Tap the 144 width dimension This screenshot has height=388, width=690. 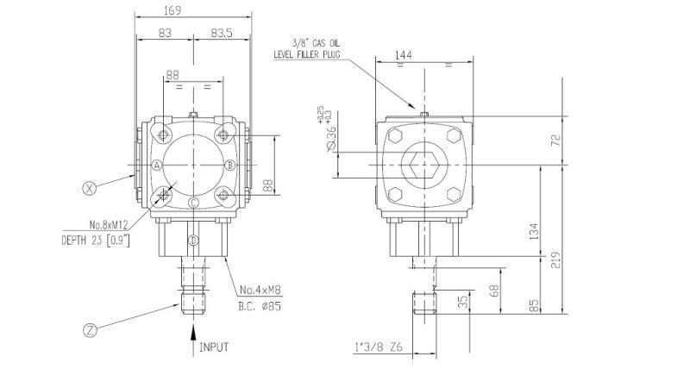[x=402, y=54]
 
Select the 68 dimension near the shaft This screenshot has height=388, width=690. [x=494, y=291]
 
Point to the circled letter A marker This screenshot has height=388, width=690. [x=157, y=165]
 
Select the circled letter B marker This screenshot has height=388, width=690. [x=229, y=165]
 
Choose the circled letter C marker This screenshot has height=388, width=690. [x=194, y=203]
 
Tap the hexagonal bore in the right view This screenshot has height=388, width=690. [x=423, y=163]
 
